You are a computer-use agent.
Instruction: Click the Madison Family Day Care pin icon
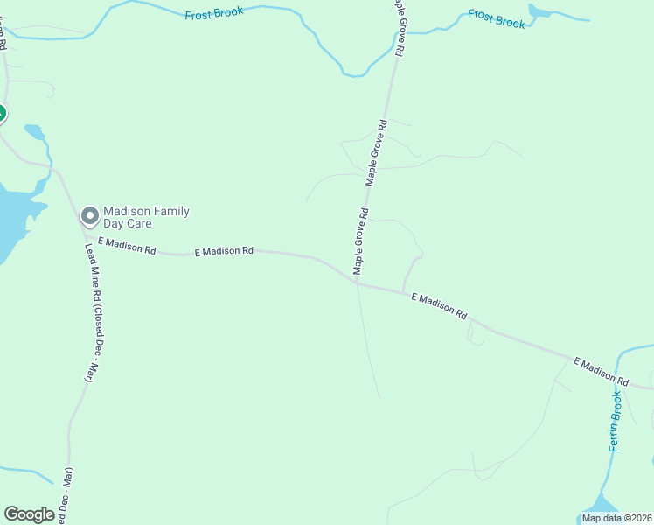(x=89, y=215)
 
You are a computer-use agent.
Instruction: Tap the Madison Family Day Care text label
(x=146, y=217)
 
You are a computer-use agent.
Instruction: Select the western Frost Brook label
(x=213, y=15)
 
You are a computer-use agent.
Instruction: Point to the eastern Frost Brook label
(x=497, y=18)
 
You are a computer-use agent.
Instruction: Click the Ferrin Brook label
(x=616, y=422)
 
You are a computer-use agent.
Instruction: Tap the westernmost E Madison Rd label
(x=126, y=246)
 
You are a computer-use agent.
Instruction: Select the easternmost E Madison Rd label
(x=601, y=372)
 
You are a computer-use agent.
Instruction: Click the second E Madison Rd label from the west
(x=224, y=251)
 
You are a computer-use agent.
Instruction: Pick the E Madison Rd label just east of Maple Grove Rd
(x=439, y=306)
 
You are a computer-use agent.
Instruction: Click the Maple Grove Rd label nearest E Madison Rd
(x=361, y=241)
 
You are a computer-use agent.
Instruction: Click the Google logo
(x=29, y=514)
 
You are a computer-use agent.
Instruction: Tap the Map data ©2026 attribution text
(x=616, y=518)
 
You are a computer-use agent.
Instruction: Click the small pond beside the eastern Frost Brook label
(x=539, y=12)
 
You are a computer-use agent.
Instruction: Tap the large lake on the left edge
(x=13, y=219)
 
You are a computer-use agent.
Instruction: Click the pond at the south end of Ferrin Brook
(x=601, y=506)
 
